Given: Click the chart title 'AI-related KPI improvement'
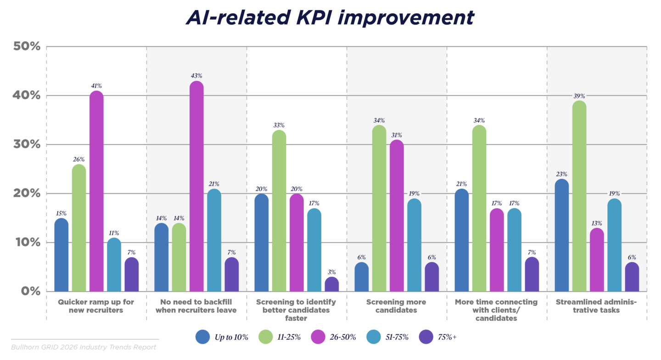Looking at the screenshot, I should pos(330,17).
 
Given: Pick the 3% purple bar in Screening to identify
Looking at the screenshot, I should pos(331,284).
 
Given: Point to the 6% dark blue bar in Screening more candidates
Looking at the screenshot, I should pos(362,277).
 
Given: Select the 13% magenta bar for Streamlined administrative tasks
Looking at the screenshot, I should pos(597,260).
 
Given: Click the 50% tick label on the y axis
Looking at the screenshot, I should pos(26,47).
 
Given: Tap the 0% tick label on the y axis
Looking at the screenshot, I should pos(29,291).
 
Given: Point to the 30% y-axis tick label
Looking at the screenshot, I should pos(26,145).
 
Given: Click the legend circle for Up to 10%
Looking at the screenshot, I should pos(203,337).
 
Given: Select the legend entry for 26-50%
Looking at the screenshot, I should pos(338,337).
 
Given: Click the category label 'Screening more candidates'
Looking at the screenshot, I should pos(396,306).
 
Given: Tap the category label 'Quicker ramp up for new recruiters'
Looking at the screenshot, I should pos(96,306).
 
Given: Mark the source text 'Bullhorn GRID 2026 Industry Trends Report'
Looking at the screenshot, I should pos(84,347).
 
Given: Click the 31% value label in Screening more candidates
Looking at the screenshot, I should pos(397,135).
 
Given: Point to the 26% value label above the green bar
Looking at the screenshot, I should pos(79,159).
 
